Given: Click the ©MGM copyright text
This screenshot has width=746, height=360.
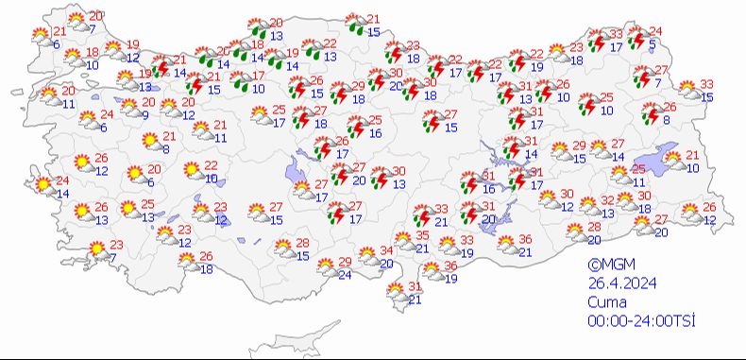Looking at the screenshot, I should coord(606,266).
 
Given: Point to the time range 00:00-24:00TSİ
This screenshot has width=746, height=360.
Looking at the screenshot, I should coord(641,321).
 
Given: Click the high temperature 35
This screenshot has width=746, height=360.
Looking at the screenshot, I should coord(424,235).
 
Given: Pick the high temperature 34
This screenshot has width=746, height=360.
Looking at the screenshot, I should coord(385,251).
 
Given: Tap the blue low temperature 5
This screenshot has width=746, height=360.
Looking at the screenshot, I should coord(653,43).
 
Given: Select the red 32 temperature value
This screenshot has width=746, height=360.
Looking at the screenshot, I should coord(609,200).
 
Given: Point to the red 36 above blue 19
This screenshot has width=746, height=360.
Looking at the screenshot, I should coord(451,266).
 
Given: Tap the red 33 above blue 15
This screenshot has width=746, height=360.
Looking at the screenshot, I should coord(706,85).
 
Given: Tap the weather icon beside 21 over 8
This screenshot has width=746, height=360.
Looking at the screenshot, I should coord(149,142).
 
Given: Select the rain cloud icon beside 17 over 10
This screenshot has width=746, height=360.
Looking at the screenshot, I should coord(241,81).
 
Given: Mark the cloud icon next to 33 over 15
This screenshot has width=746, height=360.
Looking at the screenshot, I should coord(689,92).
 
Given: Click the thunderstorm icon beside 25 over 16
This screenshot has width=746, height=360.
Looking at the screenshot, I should coord(357,127).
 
